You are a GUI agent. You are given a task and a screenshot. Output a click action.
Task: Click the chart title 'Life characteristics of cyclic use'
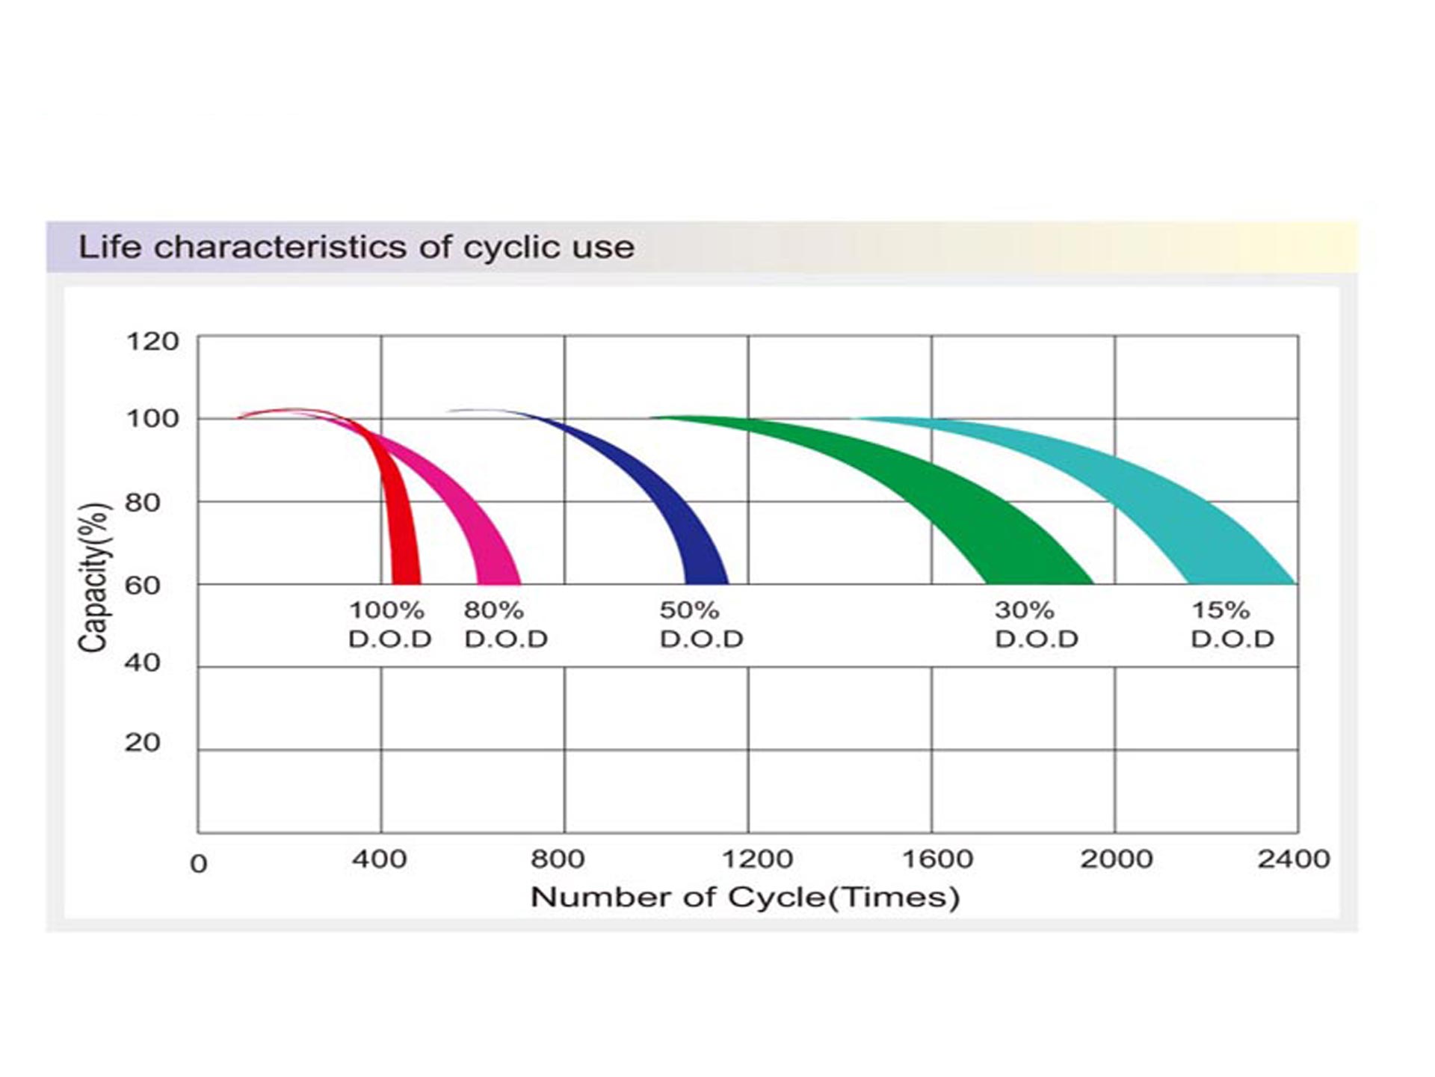click(x=357, y=247)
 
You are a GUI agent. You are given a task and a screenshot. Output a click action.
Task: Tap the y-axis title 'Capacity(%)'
click(x=95, y=577)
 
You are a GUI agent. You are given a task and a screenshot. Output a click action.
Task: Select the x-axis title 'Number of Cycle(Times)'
click(x=745, y=897)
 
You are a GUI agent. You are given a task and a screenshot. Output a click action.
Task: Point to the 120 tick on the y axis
click(x=152, y=342)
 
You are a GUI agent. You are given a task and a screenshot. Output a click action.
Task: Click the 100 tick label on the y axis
click(x=152, y=419)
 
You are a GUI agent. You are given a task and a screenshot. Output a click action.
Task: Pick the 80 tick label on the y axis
click(x=143, y=503)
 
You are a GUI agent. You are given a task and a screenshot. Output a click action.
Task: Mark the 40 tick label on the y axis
click(x=143, y=662)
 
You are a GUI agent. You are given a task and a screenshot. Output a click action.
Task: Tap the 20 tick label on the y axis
click(x=143, y=743)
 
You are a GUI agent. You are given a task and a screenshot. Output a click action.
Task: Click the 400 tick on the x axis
click(x=380, y=859)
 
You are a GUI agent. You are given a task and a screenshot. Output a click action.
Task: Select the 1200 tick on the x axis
click(x=756, y=859)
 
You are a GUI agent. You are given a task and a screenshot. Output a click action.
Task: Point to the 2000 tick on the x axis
click(x=1116, y=859)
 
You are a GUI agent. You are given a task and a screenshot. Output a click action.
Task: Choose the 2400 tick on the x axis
click(x=1294, y=859)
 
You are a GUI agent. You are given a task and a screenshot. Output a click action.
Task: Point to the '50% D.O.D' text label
click(x=701, y=625)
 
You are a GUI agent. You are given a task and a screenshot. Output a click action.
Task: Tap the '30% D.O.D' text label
click(x=1037, y=625)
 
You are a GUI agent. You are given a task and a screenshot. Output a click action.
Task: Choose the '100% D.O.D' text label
click(x=390, y=625)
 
